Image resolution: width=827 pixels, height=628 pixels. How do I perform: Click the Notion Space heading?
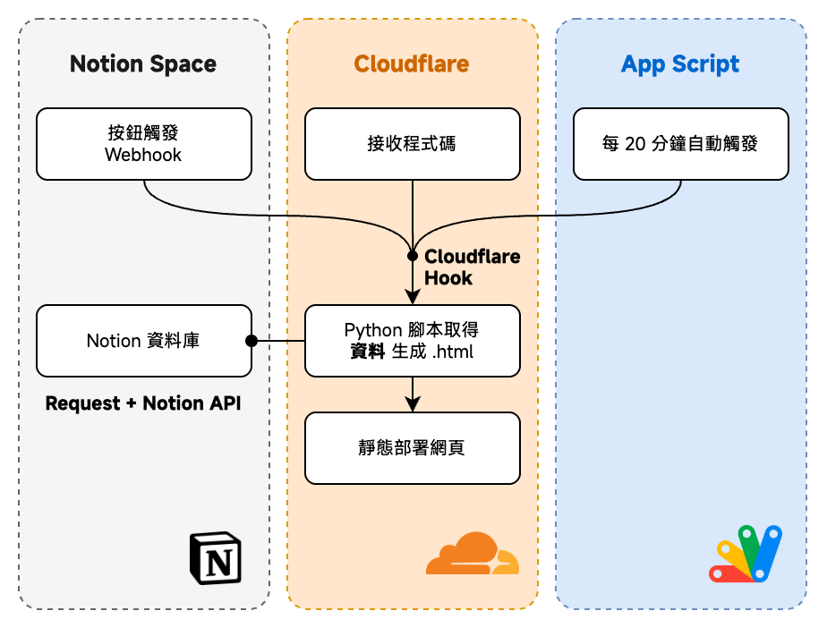tap(143, 64)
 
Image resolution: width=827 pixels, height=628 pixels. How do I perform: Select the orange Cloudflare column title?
tap(412, 64)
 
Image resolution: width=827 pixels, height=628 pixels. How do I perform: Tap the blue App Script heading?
tap(680, 64)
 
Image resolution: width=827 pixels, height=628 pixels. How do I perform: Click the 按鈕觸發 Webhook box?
tap(143, 144)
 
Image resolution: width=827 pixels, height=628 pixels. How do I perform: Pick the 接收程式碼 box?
tap(412, 144)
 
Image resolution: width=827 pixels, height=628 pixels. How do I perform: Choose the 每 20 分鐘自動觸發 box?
tap(680, 144)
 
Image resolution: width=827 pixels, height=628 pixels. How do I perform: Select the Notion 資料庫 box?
tap(143, 341)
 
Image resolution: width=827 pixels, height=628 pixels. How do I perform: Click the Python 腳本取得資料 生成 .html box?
tap(412, 341)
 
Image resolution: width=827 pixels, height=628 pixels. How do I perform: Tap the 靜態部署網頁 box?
tap(412, 448)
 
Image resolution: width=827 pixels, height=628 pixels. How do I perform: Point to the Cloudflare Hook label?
tap(471, 267)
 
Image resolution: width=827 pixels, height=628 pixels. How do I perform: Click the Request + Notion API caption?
tap(143, 403)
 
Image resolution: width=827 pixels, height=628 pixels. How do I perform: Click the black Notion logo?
tap(216, 559)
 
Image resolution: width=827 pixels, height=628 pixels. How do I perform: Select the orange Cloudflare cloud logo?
tap(472, 554)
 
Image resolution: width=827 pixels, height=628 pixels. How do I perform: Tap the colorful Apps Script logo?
tap(746, 555)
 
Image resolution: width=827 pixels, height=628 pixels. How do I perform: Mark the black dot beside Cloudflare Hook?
tap(413, 256)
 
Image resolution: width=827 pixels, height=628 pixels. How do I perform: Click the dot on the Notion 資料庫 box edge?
tap(252, 341)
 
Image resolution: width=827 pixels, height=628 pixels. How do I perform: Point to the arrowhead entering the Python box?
tap(413, 298)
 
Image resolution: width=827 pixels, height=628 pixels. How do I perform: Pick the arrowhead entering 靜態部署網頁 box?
tap(413, 404)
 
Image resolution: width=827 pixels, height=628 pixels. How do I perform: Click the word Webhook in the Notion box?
tap(143, 155)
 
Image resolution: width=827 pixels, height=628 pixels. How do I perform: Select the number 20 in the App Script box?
tap(635, 144)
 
